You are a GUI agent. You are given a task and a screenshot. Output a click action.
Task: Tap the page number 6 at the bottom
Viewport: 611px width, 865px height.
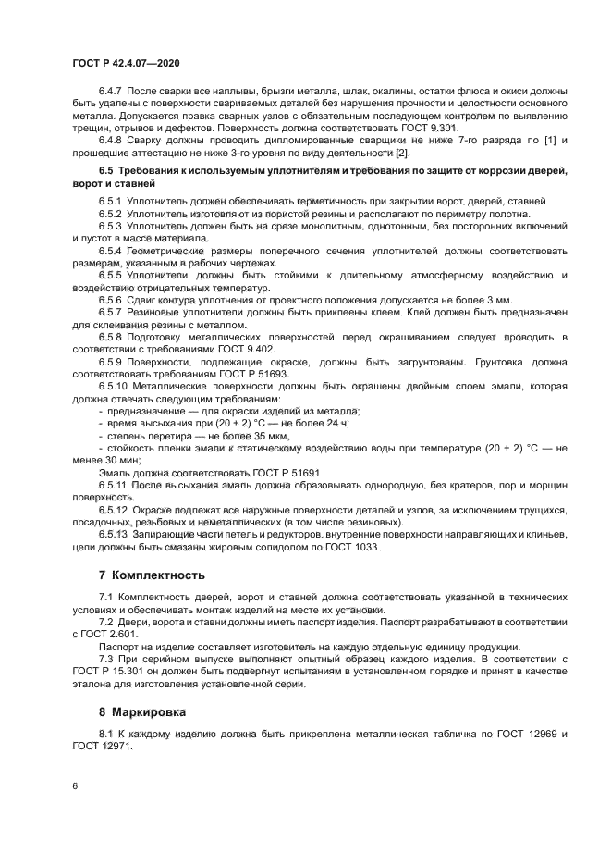(75, 785)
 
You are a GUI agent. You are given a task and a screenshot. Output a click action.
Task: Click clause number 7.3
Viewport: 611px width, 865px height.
(108, 659)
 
